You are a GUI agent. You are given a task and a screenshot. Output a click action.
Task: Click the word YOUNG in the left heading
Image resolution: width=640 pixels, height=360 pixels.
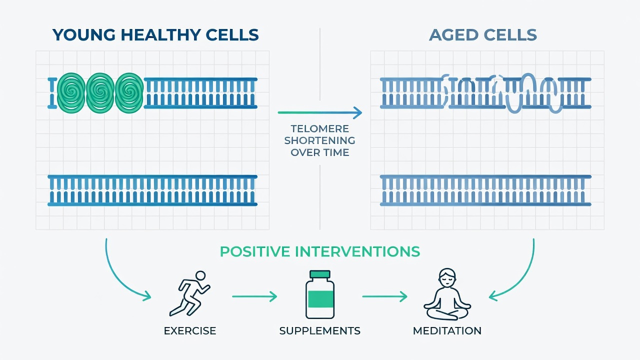coord(84,35)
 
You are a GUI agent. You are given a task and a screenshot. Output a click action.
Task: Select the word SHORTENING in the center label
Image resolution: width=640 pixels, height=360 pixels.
coord(319,140)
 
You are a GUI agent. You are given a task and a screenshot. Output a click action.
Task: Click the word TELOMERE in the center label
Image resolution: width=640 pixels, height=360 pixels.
coord(319,129)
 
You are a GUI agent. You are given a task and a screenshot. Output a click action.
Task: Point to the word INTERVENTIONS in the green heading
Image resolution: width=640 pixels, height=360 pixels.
coord(357,251)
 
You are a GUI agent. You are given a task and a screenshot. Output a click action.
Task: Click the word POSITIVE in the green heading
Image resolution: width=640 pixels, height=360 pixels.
coord(255,251)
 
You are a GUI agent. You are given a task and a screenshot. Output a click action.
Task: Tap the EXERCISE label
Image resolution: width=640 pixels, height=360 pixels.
coord(190,331)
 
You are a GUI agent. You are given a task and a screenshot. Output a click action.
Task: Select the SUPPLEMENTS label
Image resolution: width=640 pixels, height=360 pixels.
coord(319,331)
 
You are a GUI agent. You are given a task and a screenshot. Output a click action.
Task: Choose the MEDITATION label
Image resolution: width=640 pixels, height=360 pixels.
coord(447,331)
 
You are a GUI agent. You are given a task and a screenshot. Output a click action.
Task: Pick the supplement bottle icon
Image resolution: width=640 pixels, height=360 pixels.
coord(320,294)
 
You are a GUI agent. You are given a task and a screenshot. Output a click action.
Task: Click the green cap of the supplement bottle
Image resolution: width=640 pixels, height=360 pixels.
coord(320,274)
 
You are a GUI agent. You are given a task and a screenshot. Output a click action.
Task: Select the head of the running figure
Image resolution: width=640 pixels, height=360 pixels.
coord(200,275)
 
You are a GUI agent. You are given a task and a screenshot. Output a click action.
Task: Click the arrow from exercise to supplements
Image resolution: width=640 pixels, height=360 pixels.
coord(254,296)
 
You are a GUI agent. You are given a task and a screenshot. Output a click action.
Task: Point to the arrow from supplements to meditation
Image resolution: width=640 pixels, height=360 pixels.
coord(384,296)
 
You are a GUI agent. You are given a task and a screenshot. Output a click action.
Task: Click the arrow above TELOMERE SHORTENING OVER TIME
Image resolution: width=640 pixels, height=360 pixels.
coord(319,112)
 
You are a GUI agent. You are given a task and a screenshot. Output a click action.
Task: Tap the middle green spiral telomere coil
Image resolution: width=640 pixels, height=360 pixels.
coord(100,93)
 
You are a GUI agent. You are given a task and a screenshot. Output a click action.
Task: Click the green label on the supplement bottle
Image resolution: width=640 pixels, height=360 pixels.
coord(320,299)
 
